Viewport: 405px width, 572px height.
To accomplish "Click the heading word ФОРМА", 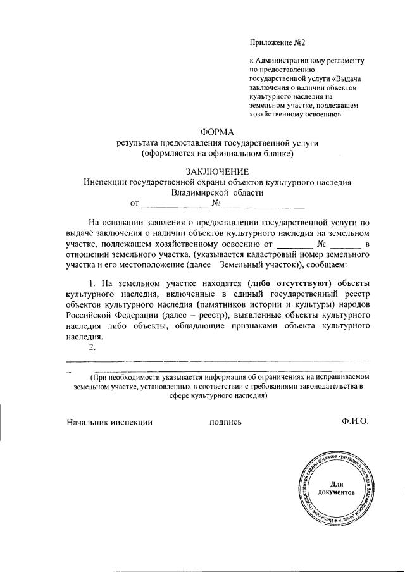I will coord(218,133).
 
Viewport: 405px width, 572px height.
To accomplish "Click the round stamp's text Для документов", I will coord(336,488).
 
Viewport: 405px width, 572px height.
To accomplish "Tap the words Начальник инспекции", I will coord(109,421).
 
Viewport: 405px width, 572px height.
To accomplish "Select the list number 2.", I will coord(92,347).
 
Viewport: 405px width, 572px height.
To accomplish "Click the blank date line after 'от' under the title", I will coord(175,204).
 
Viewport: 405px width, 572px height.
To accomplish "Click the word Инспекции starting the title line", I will coord(106,182).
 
